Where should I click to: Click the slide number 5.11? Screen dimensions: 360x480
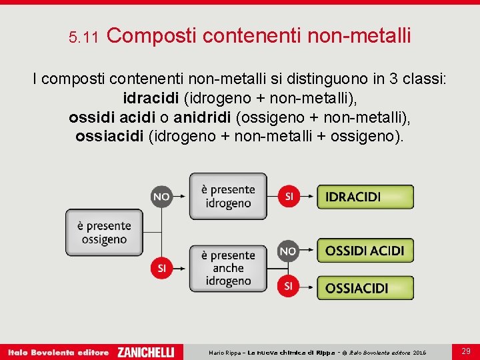point(83,38)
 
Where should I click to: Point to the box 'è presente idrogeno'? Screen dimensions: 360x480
point(228,196)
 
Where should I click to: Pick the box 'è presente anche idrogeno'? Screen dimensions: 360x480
point(228,268)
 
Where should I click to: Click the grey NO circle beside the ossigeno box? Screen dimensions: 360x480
point(161,197)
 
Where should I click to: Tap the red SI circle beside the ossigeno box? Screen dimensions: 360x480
point(161,268)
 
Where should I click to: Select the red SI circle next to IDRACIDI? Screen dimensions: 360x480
point(289,196)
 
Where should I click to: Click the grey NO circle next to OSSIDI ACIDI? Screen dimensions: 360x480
point(288,251)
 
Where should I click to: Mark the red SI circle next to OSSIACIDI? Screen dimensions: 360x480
point(288,286)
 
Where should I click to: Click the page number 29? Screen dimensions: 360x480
point(466,351)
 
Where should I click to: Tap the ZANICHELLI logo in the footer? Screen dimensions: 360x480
point(145,352)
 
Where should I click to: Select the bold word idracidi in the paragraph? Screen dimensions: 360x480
point(150,99)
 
